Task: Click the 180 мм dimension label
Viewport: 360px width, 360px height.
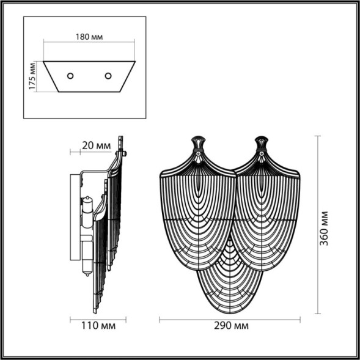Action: pos(90,35)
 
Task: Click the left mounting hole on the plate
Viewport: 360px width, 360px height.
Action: pos(70,76)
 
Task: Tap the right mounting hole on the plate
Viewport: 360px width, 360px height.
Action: pos(108,76)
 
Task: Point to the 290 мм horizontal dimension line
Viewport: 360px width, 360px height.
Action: pos(230,319)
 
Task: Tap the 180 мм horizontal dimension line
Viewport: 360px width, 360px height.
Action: pos(90,42)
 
